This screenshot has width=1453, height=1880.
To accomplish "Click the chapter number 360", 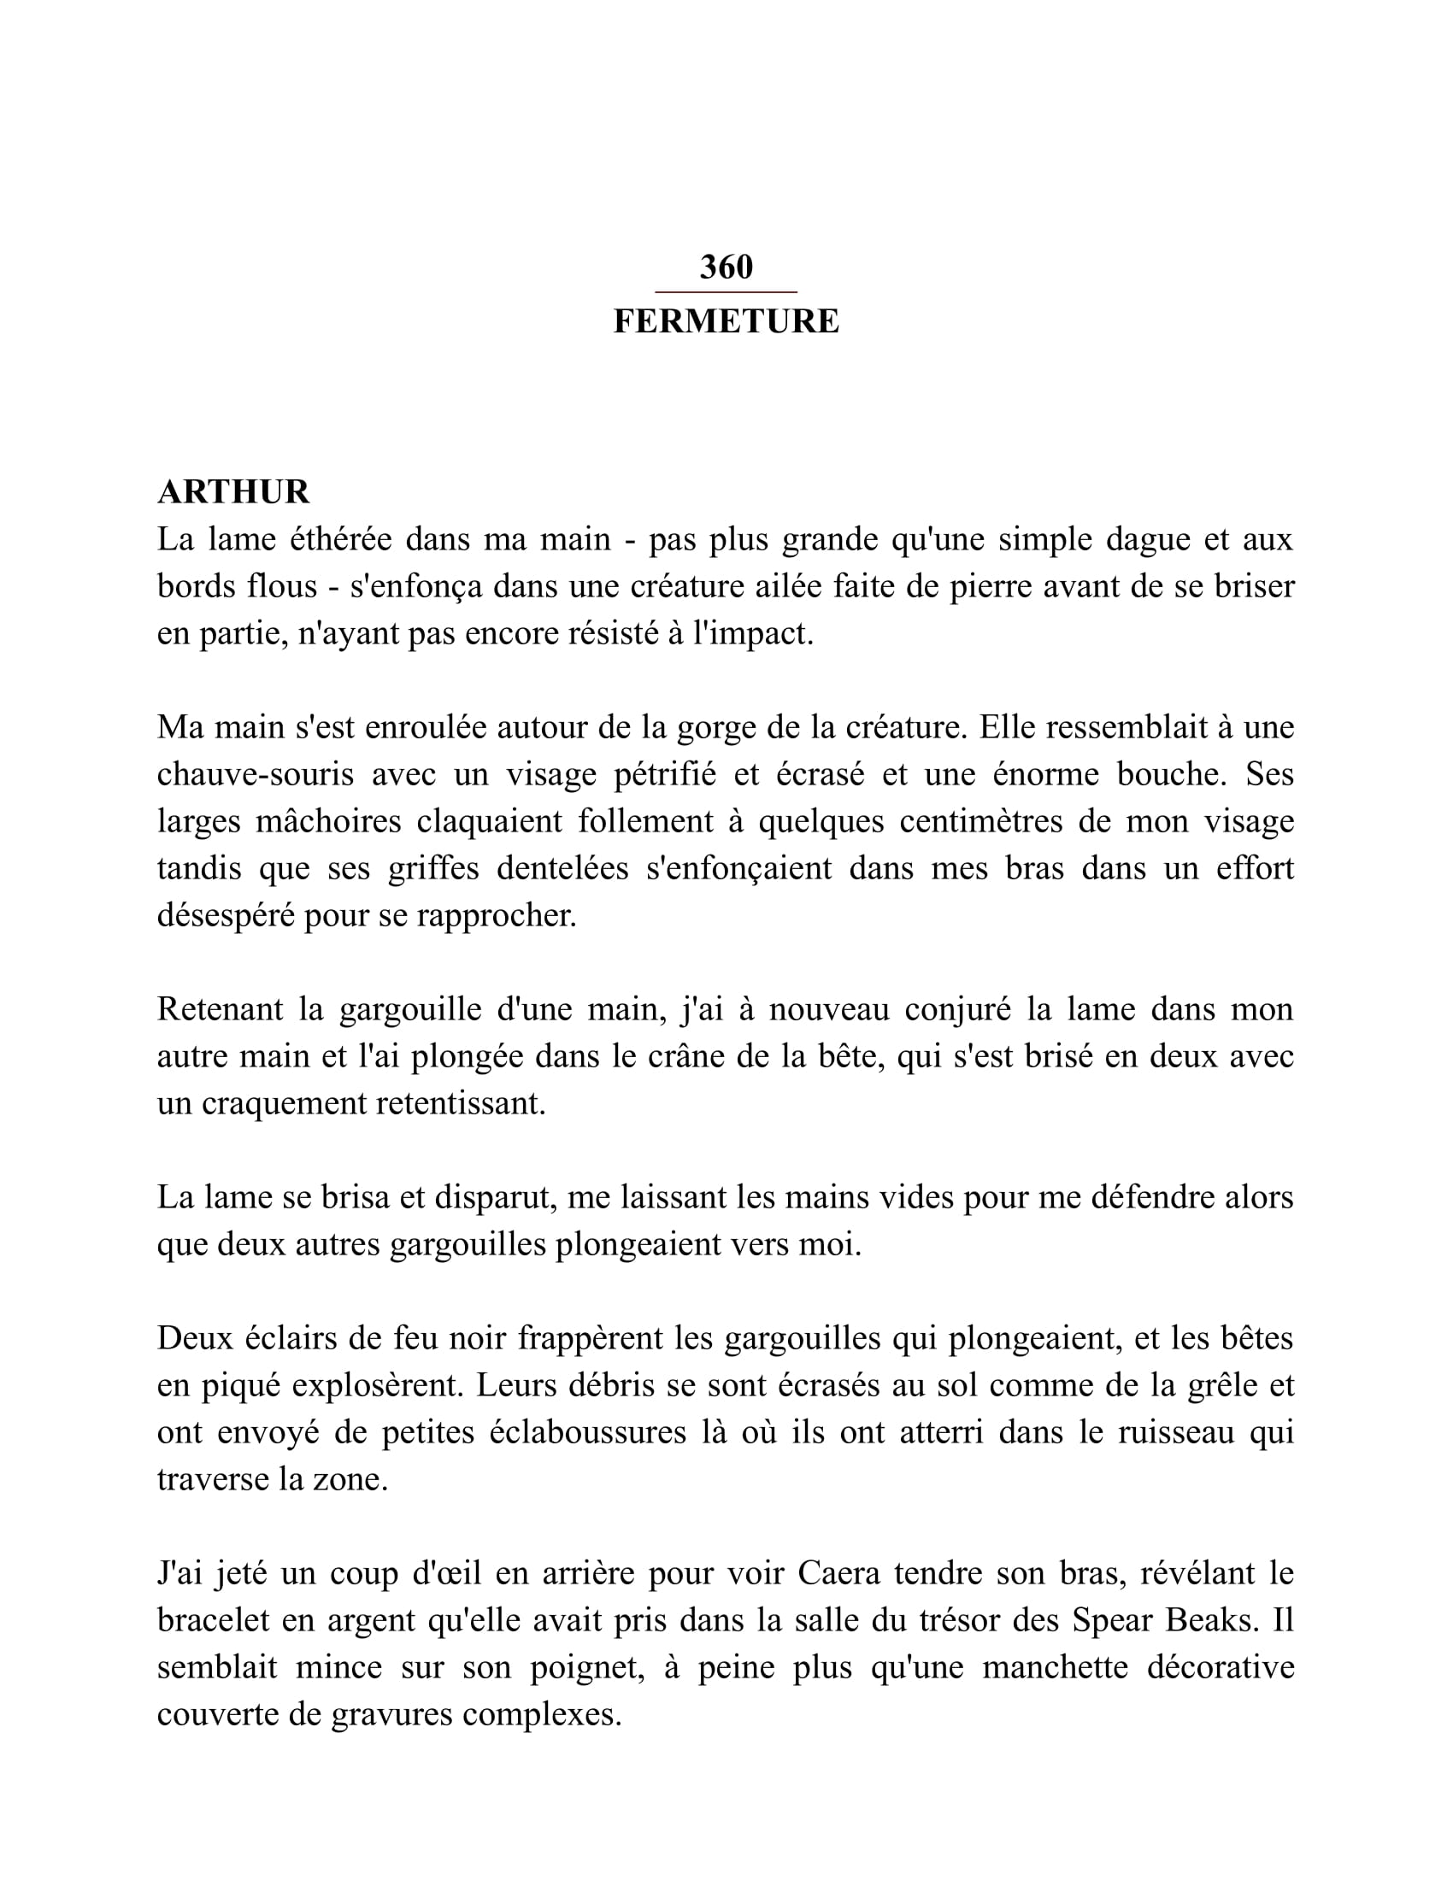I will [726, 267].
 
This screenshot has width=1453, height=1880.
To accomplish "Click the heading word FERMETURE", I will [726, 321].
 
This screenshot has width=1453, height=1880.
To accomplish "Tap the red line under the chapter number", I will [726, 292].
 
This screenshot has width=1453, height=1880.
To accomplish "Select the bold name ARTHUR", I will [233, 492].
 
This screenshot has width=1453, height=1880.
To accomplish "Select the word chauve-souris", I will [256, 775].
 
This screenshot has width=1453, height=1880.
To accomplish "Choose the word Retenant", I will [220, 1010].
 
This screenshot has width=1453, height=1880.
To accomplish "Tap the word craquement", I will [283, 1103].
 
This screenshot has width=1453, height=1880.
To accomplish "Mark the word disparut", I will [492, 1197].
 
